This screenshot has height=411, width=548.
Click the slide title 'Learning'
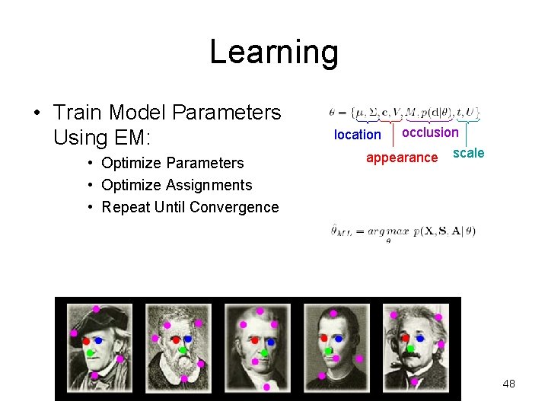tap(273, 53)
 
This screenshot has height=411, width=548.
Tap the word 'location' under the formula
tap(357, 135)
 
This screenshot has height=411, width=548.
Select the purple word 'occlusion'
tap(430, 132)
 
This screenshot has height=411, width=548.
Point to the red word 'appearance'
tap(402, 158)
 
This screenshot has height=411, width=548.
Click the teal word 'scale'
tap(468, 153)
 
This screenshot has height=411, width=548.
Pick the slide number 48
tap(508, 384)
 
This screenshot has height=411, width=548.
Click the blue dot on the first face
tap(99, 340)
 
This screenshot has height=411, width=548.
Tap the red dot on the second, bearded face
tap(176, 339)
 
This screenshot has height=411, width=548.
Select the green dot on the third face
tap(265, 352)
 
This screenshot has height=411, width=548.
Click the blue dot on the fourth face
tap(338, 338)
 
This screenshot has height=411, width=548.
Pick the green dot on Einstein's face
tap(410, 349)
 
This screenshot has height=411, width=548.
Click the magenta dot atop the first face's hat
tap(96, 309)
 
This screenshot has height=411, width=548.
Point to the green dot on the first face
tap(90, 352)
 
